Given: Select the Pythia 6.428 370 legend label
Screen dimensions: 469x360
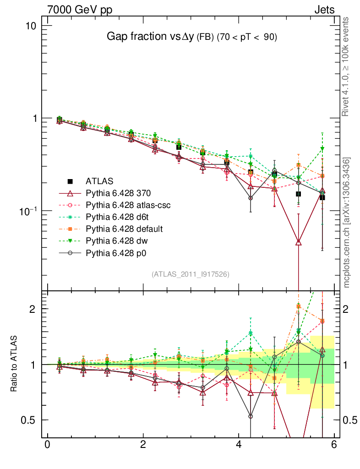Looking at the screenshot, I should tap(120, 193).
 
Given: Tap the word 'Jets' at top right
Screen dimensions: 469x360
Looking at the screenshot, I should tap(324, 10).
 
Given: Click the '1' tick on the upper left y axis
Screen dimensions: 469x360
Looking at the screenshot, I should tap(33, 118).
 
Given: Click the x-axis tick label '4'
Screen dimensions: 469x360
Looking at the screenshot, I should tap(239, 445).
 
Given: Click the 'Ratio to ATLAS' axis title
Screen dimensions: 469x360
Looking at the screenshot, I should tap(15, 364).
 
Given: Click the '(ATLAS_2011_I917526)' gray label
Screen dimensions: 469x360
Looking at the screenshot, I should tap(191, 274).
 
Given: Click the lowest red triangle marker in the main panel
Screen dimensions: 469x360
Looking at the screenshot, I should tap(299, 242).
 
